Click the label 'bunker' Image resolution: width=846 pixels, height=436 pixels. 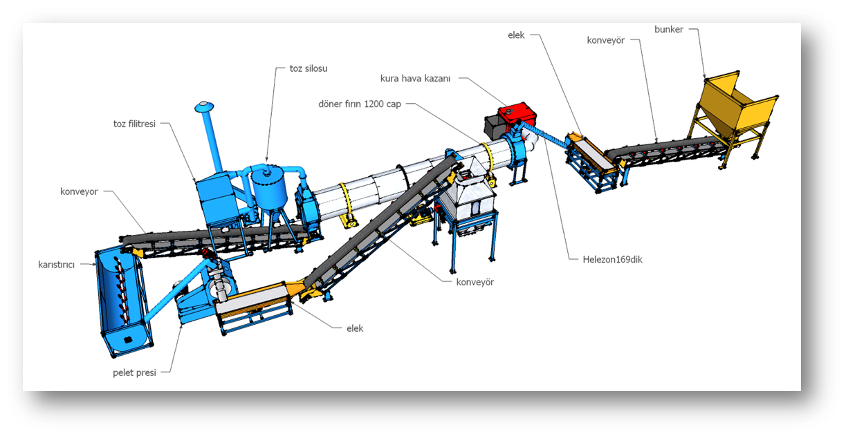click(x=668, y=30)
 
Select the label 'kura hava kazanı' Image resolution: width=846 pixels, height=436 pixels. click(x=415, y=79)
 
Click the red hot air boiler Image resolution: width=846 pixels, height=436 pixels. click(x=517, y=114)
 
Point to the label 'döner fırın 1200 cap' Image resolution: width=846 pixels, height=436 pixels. click(x=360, y=104)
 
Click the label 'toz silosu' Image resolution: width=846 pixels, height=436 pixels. click(x=309, y=68)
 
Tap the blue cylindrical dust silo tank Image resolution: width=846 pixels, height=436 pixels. click(x=268, y=187)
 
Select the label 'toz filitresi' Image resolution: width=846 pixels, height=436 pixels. click(x=134, y=124)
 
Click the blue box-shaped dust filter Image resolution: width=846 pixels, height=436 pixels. click(x=217, y=199)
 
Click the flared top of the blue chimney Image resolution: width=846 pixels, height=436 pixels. click(x=204, y=107)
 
